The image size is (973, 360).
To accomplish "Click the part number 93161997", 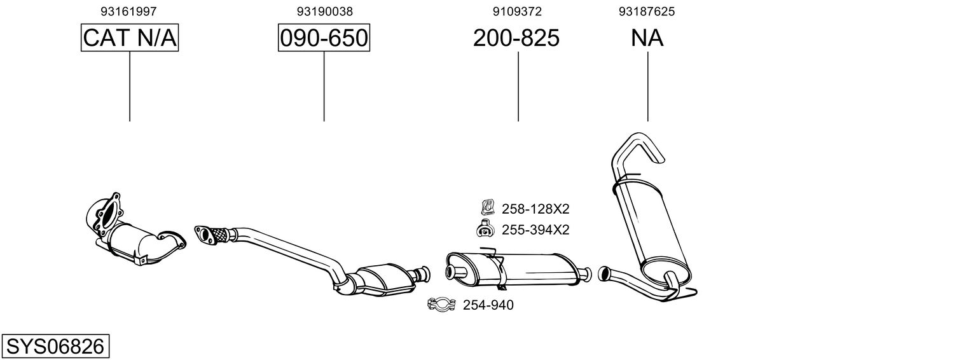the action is pos(129,11).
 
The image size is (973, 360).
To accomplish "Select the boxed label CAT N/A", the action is pos(130,38).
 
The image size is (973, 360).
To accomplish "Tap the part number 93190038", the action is pos(324,11).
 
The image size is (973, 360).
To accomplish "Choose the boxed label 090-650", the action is pos(324,38).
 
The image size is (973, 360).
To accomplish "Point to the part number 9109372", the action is pos(517,11).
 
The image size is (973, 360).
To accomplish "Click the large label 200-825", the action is pos(516,38).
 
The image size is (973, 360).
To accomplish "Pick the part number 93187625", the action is pos(647,11).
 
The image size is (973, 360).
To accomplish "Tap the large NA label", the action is pos(647,38).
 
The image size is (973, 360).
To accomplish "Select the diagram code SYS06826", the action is pos(55,347).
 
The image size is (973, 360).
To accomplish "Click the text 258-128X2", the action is pos(535,209).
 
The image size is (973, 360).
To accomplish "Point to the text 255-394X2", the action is pos(535,230).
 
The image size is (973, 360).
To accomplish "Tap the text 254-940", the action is pos(488,305).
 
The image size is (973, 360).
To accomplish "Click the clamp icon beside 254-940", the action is pos(440,305).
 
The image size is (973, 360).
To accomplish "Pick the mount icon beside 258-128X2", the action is pos(487,207).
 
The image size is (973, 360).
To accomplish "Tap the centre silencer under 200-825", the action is pos(515,268).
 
